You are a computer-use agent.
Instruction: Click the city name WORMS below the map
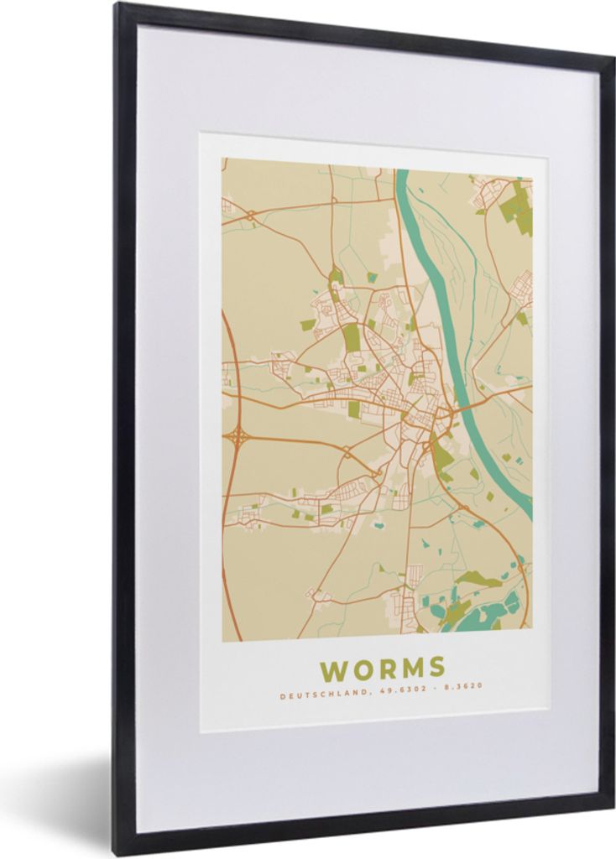coord(382,669)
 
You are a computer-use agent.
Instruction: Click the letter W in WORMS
coord(333,670)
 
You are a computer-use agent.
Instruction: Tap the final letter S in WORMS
coord(436,668)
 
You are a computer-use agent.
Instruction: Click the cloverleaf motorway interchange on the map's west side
coord(238,435)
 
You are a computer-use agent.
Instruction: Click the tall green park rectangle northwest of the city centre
coord(352,338)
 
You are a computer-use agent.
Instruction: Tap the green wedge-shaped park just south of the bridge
coord(441,457)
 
